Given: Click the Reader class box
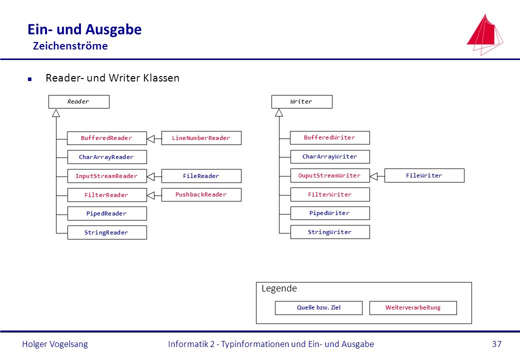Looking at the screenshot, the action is pyautogui.click(x=79, y=102).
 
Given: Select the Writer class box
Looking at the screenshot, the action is pyautogui.click(x=302, y=102).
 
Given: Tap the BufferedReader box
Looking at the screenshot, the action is pyautogui.click(x=107, y=138).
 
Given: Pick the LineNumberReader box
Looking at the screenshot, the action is pyautogui.click(x=201, y=138).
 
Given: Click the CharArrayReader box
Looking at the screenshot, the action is pyautogui.click(x=107, y=157).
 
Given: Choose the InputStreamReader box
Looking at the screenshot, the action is pyautogui.click(x=107, y=176).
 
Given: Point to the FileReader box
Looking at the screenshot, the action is pyautogui.click(x=201, y=176).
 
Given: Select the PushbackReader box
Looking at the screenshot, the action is pyautogui.click(x=201, y=194).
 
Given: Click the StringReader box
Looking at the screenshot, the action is pyautogui.click(x=107, y=232).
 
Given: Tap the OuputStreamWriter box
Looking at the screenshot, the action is pyautogui.click(x=330, y=175).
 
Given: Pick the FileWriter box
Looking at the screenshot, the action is pyautogui.click(x=424, y=175).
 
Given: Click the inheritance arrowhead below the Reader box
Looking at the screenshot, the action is pyautogui.click(x=56, y=113).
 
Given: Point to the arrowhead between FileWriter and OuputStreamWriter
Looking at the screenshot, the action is pyautogui.click(x=374, y=176).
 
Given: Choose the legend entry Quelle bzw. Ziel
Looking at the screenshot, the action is pyautogui.click(x=318, y=308).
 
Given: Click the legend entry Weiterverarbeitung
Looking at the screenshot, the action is pyautogui.click(x=413, y=308).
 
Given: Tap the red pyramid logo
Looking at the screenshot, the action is pyautogui.click(x=484, y=34).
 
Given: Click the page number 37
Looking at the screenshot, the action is pyautogui.click(x=497, y=344).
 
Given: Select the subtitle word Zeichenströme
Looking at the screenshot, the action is pyautogui.click(x=70, y=45).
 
